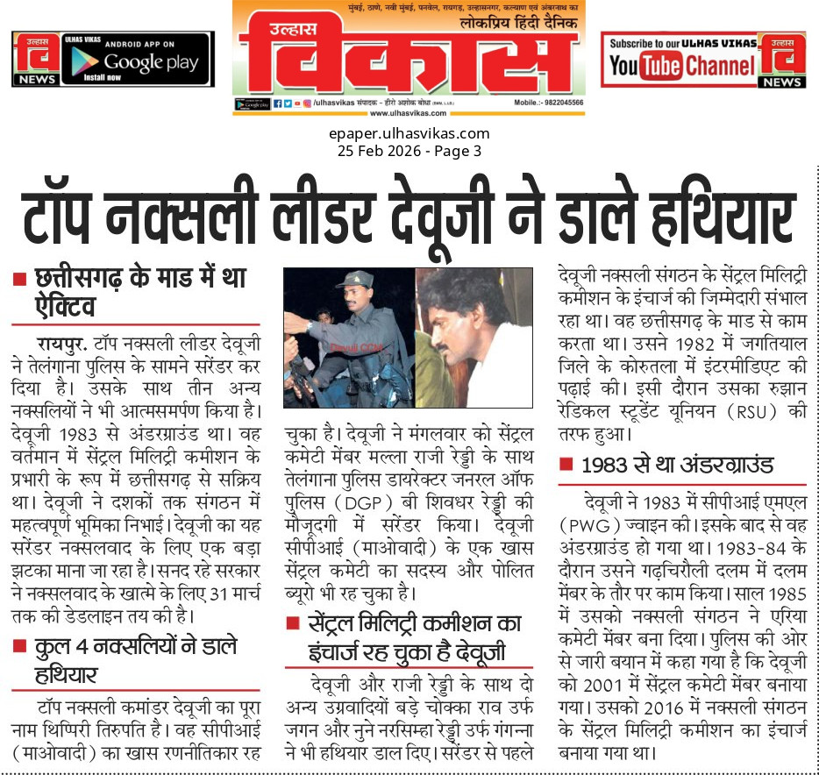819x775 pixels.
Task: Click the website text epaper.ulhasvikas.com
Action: [409, 134]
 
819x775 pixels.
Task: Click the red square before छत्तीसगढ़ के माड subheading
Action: [18, 281]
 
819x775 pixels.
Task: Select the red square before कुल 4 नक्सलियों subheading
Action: [18, 647]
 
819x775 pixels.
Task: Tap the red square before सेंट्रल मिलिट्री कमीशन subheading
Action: [292, 624]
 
